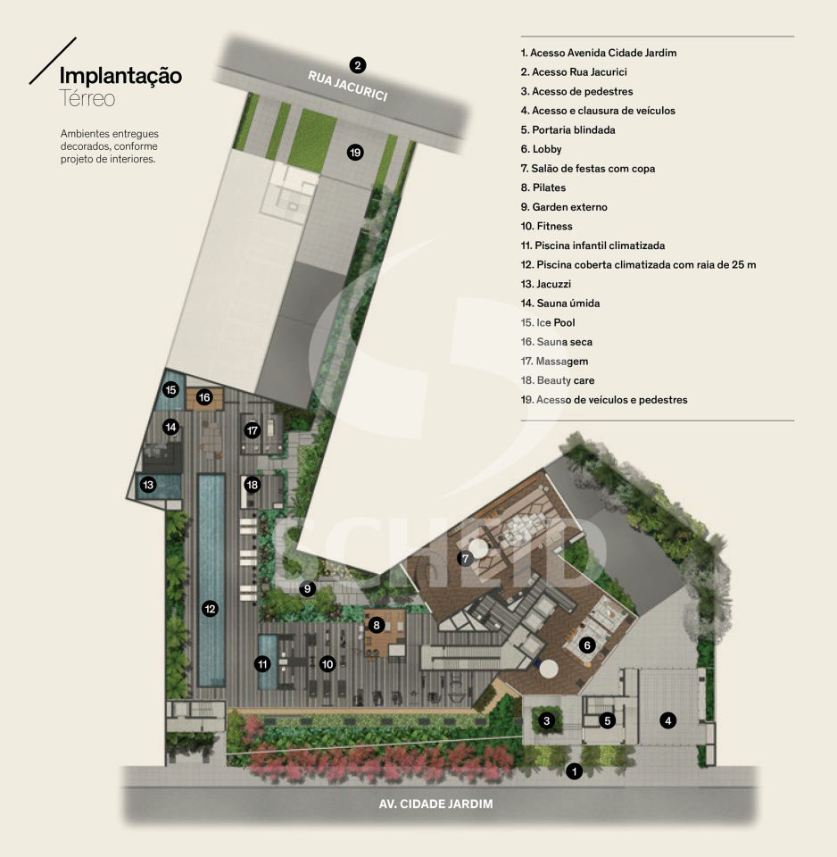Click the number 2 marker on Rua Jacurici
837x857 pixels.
pos(357,65)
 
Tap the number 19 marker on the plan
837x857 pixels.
pos(355,153)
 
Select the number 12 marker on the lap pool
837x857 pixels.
pos(210,609)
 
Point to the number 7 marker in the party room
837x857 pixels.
pos(465,559)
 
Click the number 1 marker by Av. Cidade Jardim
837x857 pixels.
pos(574,771)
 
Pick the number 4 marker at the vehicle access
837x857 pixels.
pos(667,721)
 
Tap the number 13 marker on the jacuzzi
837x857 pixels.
pos(148,484)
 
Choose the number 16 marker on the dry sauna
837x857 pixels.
pos(204,397)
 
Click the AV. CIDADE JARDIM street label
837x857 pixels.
pos(436,804)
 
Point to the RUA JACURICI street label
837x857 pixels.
pos(348,86)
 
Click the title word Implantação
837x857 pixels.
pos(120,76)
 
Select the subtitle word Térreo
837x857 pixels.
pos(87,98)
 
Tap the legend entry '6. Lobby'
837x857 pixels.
pos(541,149)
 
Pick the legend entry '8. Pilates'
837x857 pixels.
pos(543,187)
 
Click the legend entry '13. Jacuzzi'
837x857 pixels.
pos(546,284)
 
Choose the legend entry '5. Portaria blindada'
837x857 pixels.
pos(568,130)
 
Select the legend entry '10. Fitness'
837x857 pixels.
pos(546,226)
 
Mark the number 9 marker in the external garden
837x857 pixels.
pos(308,588)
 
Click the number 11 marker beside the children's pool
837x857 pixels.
pos(263,664)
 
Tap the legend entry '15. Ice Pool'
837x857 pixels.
pos(547,322)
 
